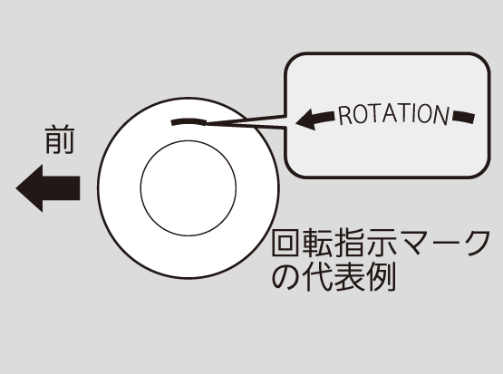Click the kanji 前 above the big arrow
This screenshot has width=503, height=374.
coord(60,140)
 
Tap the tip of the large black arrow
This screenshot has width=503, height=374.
coord(16,188)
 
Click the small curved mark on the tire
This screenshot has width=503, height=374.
coord(189,121)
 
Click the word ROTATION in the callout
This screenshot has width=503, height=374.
coord(393,114)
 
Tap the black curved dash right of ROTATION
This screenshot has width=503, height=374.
coord(463,117)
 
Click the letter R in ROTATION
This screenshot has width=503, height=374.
coord(344,116)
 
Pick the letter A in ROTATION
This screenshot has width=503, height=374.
coord(393,113)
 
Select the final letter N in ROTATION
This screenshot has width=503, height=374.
coord(441,115)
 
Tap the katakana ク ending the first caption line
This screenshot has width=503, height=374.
coord(476,243)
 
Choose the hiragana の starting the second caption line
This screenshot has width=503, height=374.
coord(286,276)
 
